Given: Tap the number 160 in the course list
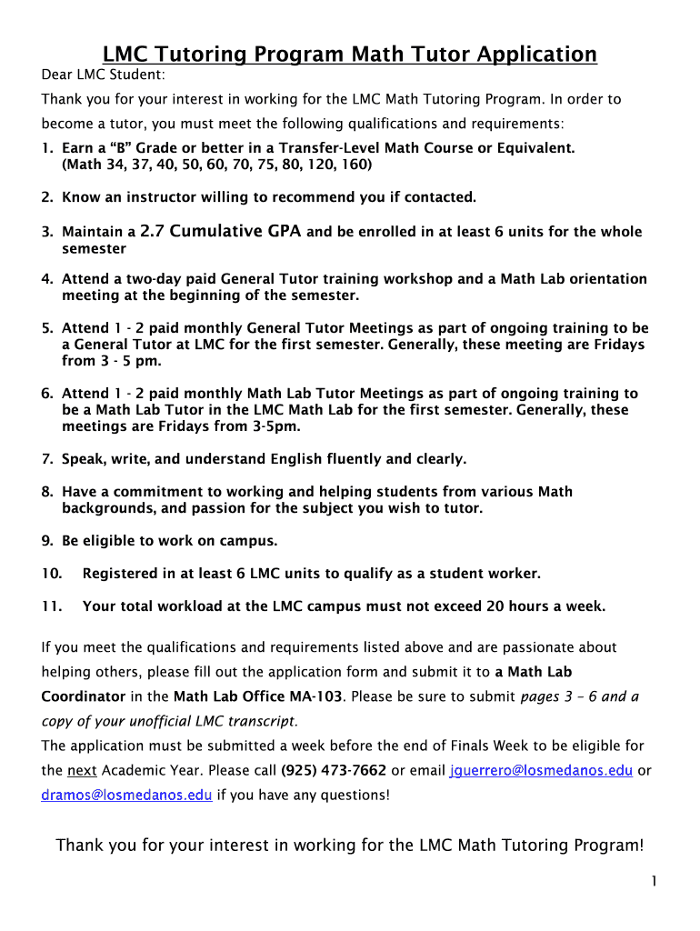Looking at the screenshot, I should [356, 165].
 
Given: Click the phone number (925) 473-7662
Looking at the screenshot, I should [334, 770].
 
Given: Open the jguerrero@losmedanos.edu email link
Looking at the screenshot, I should [541, 770].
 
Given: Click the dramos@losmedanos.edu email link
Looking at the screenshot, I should [126, 795].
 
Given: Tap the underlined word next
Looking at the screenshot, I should [83, 770].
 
